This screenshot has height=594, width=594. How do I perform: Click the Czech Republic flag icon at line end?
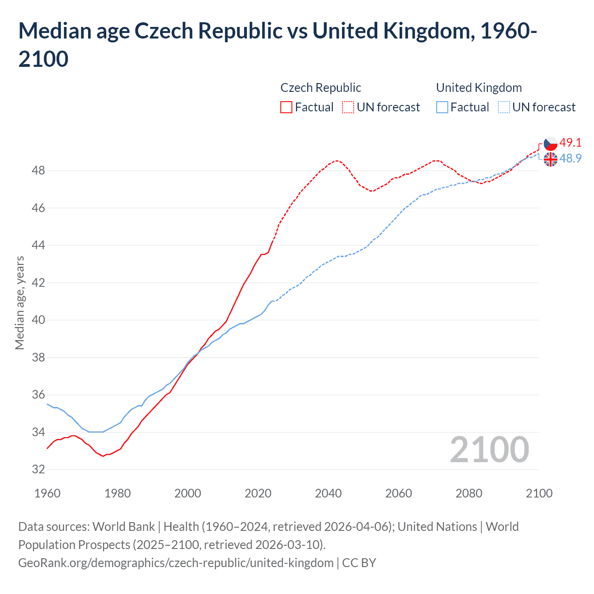tap(550, 143)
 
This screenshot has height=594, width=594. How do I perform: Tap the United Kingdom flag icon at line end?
tap(550, 159)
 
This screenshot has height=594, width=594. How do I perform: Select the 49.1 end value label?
tap(570, 142)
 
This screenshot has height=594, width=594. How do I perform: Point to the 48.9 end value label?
tap(570, 158)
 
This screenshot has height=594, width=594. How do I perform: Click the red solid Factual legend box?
tap(286, 107)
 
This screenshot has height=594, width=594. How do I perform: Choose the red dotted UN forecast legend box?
tap(348, 107)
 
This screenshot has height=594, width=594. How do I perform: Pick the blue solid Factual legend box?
tap(442, 107)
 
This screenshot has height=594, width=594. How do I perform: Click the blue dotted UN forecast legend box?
tap(504, 107)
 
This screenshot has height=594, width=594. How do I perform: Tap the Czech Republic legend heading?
tap(321, 88)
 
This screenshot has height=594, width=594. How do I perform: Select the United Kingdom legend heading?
tap(479, 88)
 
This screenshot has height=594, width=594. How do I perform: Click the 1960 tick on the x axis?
tap(47, 493)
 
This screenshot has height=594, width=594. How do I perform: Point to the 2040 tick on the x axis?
tap(328, 493)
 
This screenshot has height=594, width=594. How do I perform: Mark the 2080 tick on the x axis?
tap(469, 493)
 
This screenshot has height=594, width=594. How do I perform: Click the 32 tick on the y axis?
tap(39, 470)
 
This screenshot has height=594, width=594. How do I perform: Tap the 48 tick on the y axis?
tap(39, 171)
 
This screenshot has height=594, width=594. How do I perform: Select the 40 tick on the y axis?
tap(39, 320)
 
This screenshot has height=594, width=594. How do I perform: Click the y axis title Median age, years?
tap(19, 303)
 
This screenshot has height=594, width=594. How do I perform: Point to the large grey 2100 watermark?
tap(489, 450)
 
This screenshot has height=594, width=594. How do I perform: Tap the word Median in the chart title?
tap(53, 31)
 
